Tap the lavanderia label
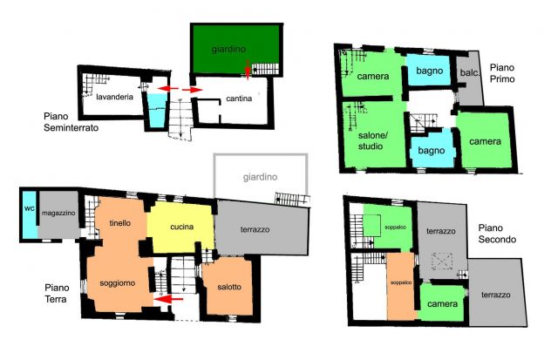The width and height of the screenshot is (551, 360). [114, 97]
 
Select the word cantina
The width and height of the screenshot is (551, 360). [239, 98]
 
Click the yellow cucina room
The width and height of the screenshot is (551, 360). [180, 227]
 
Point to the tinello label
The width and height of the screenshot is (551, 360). [119, 223]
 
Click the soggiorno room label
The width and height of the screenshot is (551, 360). [118, 283]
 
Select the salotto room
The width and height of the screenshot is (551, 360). [229, 286]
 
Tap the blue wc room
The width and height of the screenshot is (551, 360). [30, 214]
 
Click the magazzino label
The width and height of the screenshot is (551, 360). [58, 213]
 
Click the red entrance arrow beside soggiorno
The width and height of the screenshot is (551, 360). [168, 299]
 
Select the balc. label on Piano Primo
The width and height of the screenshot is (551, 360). [470, 72]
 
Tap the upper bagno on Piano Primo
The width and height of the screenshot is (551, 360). [429, 71]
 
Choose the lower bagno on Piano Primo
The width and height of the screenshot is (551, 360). [432, 149]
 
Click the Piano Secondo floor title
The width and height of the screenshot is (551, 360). [497, 234]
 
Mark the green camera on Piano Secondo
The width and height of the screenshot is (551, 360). [442, 302]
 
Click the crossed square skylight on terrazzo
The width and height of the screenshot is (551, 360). [442, 262]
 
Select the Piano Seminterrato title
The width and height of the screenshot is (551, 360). [71, 122]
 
